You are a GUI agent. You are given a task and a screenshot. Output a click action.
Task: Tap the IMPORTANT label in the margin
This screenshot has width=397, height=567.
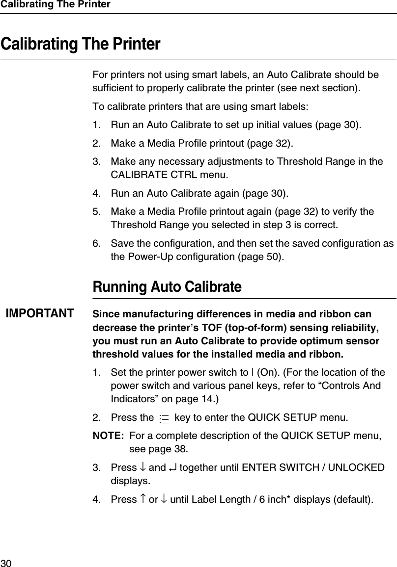pyautogui.click(x=40, y=313)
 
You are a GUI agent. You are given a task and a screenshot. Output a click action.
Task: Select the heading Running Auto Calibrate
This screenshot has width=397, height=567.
pyautogui.click(x=167, y=287)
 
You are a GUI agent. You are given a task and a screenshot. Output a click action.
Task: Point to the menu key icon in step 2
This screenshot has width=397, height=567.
pyautogui.click(x=164, y=418)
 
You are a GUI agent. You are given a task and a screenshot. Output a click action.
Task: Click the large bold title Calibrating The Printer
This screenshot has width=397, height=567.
pyautogui.click(x=81, y=45)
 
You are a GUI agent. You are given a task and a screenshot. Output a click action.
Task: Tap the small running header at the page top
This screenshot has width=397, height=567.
pyautogui.click(x=55, y=5)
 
